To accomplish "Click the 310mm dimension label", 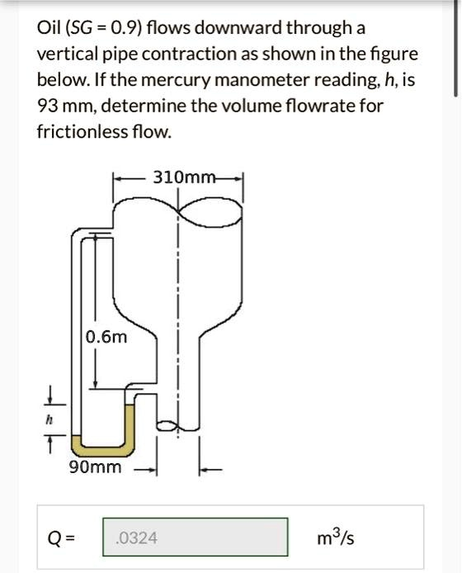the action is tap(185, 178).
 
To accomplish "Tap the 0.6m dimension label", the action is tap(106, 337).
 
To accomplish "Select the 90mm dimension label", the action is tap(95, 467).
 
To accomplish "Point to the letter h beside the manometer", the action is tap(48, 420).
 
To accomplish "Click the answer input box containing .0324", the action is tap(195, 537).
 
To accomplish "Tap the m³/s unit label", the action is tap(335, 537).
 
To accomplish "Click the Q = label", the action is tap(61, 538).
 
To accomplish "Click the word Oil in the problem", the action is tap(48, 28).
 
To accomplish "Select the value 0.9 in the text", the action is tap(124, 28).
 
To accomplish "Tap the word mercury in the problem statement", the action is tap(176, 80).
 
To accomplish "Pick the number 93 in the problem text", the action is tap(47, 106).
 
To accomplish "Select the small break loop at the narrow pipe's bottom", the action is tap(167, 425).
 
